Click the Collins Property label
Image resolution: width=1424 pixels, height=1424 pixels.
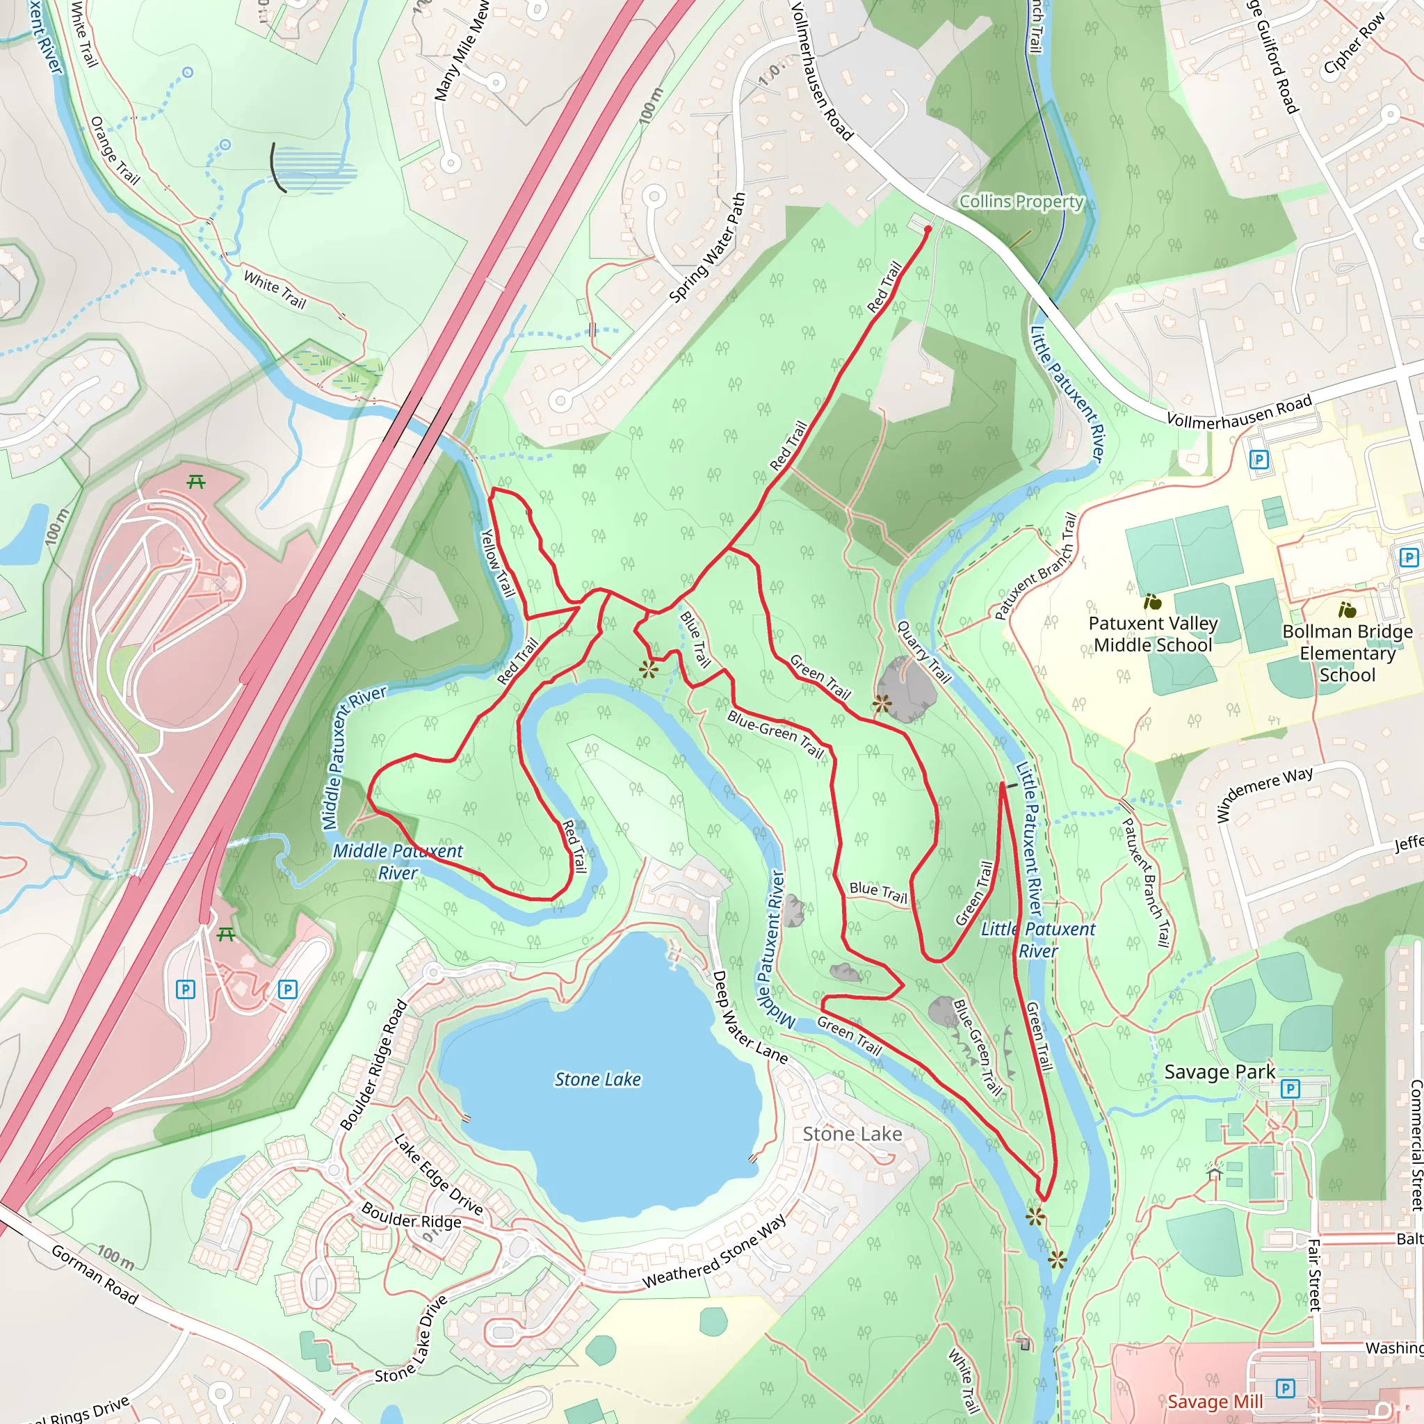1021,201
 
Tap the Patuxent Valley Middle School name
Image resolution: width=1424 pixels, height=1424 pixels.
1153,634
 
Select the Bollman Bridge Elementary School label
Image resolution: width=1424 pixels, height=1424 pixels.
1348,653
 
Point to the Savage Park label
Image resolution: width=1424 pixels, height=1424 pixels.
1219,1072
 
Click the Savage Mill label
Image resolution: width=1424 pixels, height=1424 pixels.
1215,1401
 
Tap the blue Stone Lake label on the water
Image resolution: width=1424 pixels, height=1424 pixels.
598,1080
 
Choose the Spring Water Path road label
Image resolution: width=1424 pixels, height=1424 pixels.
708,248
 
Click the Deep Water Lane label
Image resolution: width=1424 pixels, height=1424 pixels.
749,1018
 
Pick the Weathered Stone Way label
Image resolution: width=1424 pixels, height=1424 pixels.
714,1251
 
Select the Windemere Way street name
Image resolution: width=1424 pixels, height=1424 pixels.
1264,794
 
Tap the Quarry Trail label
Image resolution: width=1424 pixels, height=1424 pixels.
923,652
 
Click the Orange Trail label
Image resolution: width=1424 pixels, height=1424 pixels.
114,149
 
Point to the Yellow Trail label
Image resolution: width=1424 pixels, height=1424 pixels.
498,563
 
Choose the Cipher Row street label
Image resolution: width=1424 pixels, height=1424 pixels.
1354,45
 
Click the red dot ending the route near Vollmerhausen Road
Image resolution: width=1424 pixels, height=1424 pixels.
928,229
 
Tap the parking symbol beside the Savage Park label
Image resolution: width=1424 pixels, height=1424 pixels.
1290,1089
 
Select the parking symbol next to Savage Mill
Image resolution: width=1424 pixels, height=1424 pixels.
1286,1389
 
